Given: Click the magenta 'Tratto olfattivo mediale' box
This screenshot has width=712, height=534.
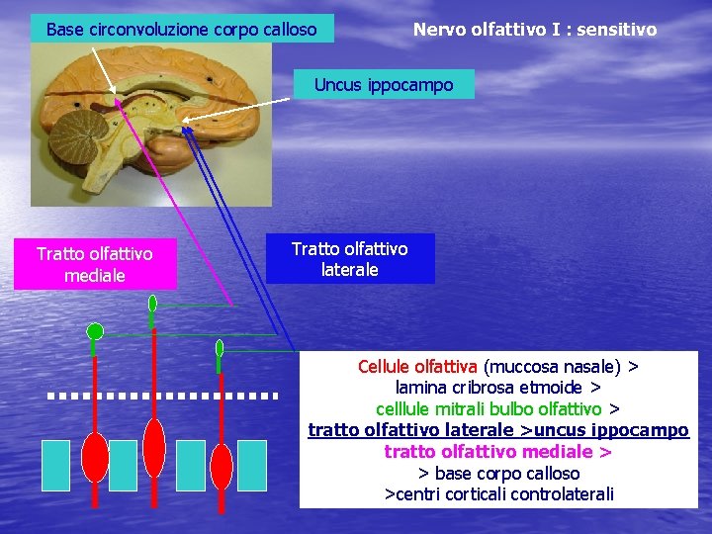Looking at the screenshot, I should pyautogui.click(x=95, y=265).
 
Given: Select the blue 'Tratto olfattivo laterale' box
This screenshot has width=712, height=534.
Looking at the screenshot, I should pyautogui.click(x=349, y=258).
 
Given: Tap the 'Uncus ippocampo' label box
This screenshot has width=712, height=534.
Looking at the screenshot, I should pyautogui.click(x=384, y=84).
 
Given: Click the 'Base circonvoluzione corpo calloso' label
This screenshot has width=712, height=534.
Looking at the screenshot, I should pyautogui.click(x=182, y=29).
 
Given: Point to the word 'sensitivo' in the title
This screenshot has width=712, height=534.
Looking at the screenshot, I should pyautogui.click(x=618, y=30).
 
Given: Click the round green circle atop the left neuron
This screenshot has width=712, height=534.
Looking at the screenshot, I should pyautogui.click(x=95, y=330).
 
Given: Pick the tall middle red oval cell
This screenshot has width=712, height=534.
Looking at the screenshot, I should pyautogui.click(x=153, y=448).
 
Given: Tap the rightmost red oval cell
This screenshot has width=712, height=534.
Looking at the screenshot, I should pyautogui.click(x=222, y=465).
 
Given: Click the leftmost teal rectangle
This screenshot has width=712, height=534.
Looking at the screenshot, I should pyautogui.click(x=56, y=466).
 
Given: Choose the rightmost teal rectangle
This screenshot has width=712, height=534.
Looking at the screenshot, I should pyautogui.click(x=252, y=466).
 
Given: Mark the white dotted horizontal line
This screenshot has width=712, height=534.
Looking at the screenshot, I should pyautogui.click(x=163, y=396).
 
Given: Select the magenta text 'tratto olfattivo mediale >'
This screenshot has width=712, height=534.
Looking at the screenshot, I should pyautogui.click(x=497, y=452).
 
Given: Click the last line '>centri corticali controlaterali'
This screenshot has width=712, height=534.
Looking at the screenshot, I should pyautogui.click(x=498, y=493).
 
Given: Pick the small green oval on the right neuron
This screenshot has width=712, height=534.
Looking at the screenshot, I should pyautogui.click(x=220, y=348).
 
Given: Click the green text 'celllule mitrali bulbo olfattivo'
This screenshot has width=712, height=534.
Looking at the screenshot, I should pyautogui.click(x=489, y=408).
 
